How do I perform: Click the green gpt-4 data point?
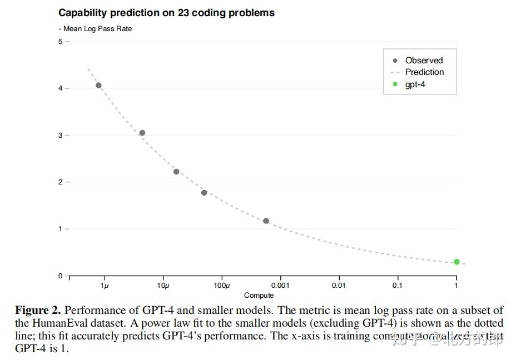[457, 262]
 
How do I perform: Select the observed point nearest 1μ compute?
[98, 86]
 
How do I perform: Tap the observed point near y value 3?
[142, 133]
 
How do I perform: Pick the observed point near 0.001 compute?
[266, 221]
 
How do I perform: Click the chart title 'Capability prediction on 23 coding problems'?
[166, 12]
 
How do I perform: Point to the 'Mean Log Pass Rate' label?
[97, 28]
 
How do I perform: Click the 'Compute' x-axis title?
[259, 296]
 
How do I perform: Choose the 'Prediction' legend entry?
[424, 72]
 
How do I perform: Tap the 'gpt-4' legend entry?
[415, 84]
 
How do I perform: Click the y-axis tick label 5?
[60, 42]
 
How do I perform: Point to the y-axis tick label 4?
[60, 88]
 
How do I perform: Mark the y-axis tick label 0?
[60, 276]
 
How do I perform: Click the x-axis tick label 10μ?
[163, 286]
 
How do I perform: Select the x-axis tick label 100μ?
[221, 286]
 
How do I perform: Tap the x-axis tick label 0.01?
[339, 286]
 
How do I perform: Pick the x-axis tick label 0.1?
[397, 286]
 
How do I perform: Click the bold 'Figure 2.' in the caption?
[38, 310]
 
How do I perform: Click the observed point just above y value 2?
[176, 172]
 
